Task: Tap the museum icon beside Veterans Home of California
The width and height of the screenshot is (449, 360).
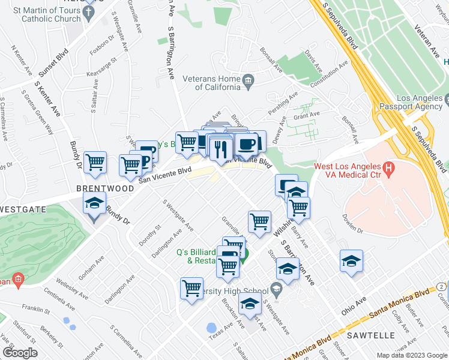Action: tap(247, 80)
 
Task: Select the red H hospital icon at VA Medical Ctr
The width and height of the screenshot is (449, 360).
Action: tap(388, 170)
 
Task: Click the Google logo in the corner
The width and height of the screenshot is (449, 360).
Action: tap(20, 353)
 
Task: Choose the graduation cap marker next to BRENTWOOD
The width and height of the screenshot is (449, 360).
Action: tap(94, 204)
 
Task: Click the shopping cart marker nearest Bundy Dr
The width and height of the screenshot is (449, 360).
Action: tap(95, 162)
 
